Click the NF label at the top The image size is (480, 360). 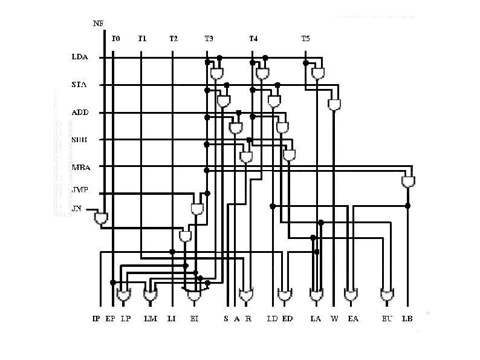[98, 24]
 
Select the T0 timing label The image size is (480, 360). [116, 39]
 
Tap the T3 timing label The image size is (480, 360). [209, 39]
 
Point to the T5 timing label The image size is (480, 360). [305, 39]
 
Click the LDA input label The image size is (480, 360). [80, 58]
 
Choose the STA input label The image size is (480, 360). [79, 85]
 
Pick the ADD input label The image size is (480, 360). [80, 113]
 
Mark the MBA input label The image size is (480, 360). [80, 167]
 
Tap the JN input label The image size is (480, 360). [76, 209]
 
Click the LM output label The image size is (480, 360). [149, 318]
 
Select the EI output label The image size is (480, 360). [193, 318]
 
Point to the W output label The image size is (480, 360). [334, 318]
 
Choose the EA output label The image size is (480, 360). [353, 318]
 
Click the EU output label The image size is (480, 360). [387, 318]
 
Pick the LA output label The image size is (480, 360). [316, 318]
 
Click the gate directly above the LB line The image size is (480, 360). [409, 181]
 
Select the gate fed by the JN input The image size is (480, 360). [101, 218]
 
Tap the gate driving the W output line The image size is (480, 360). [334, 105]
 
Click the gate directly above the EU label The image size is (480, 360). [387, 296]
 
